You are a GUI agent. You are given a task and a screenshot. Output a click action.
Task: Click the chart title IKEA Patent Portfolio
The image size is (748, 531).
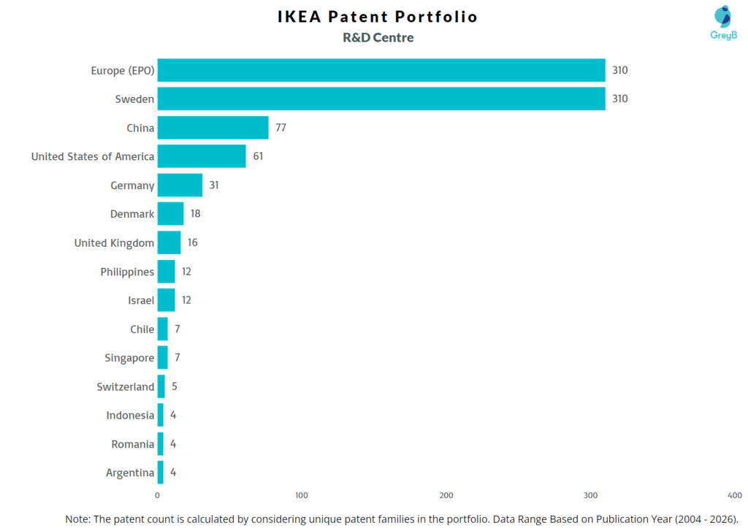click(378, 17)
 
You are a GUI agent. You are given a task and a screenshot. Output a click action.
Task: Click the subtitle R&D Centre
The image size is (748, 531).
click(378, 38)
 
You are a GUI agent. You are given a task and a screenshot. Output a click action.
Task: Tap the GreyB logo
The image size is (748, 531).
click(723, 23)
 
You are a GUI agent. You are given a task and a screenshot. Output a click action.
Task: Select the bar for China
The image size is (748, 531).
click(213, 128)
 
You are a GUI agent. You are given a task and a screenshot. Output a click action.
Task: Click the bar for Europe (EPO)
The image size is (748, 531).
click(381, 70)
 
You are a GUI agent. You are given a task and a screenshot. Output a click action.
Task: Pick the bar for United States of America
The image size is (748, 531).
click(202, 156)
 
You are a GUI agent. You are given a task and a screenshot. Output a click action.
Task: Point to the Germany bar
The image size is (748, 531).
click(180, 186)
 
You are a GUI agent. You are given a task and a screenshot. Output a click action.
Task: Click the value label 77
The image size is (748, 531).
click(280, 128)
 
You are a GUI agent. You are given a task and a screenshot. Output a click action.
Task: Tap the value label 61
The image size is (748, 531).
click(258, 156)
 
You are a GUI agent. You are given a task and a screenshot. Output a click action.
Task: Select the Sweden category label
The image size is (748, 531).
click(134, 99)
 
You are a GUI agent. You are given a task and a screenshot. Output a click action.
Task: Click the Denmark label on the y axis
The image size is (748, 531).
click(132, 214)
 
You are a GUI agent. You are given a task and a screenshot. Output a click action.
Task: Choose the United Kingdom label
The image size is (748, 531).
click(114, 243)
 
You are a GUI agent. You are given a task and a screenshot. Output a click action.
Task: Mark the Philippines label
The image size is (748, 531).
click(127, 272)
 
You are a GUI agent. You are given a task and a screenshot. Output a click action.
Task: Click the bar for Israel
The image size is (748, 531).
click(166, 300)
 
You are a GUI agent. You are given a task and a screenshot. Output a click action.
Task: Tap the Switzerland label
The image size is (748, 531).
click(126, 386)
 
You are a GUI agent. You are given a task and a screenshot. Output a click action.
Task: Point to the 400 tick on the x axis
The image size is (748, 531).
click(735, 495)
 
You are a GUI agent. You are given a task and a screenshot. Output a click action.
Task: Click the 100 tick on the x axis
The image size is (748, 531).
click(302, 495)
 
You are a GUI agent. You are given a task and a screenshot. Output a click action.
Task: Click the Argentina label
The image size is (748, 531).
click(130, 473)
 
